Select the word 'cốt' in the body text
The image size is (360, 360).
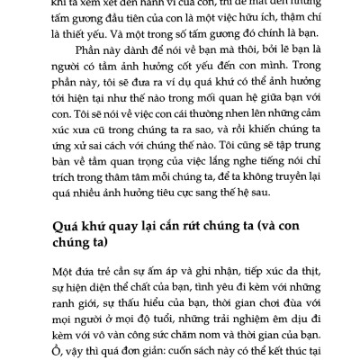point(208,93)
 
